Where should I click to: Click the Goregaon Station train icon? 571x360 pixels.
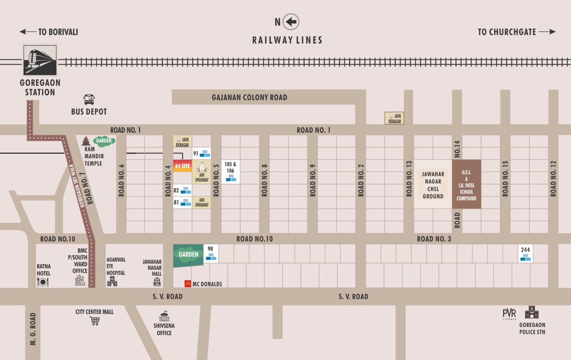point(40,60)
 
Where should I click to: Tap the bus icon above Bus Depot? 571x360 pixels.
point(89,100)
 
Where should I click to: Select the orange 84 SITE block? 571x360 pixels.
point(182,166)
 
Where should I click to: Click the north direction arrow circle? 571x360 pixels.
point(291,22)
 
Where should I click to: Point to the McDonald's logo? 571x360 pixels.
point(188,284)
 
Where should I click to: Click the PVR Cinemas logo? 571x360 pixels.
point(509,314)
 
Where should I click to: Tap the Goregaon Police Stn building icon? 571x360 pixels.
point(532,312)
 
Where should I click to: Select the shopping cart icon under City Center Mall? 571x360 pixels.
point(95,321)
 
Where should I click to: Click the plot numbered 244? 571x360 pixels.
point(525,253)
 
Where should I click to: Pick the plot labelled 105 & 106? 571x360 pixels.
point(230,172)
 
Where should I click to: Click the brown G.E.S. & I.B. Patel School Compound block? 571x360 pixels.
point(466,184)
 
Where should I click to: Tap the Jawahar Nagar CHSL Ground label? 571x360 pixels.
point(433,185)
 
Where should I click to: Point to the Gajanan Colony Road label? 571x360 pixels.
point(249,97)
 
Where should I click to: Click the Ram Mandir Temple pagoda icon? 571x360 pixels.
point(86,141)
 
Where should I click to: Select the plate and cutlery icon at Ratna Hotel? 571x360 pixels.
point(43,282)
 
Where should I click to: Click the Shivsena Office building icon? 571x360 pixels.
point(164,316)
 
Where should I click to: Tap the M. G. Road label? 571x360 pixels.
point(33,329)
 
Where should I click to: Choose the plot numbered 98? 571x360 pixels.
point(211,253)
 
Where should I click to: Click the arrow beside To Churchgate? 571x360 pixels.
point(547,32)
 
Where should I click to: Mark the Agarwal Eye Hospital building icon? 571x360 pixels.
point(112,282)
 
